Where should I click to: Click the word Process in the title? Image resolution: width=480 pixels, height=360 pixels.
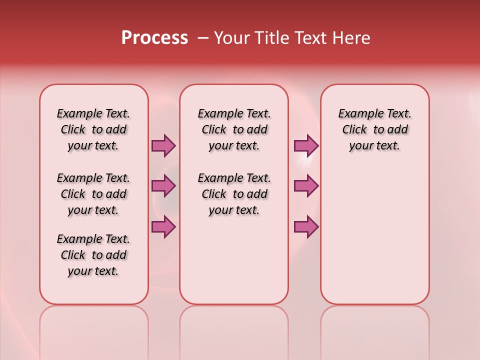pyautogui.click(x=154, y=38)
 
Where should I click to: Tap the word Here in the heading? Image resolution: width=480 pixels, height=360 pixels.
pyautogui.click(x=351, y=38)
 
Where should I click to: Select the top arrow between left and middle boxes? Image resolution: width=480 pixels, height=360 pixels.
pyautogui.click(x=163, y=145)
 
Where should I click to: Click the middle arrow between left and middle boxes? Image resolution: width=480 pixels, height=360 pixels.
pyautogui.click(x=163, y=186)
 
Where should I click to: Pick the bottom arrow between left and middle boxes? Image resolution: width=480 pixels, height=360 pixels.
pyautogui.click(x=163, y=227)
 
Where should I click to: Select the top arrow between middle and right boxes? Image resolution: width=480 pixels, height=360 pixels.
pyautogui.click(x=306, y=145)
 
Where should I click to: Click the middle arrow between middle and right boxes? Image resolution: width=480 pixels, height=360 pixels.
pyautogui.click(x=306, y=186)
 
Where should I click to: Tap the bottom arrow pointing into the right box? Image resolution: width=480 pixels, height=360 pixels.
pyautogui.click(x=306, y=227)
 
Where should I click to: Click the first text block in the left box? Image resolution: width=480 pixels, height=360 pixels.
pyautogui.click(x=93, y=129)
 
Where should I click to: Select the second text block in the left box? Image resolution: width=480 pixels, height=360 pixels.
pyautogui.click(x=93, y=194)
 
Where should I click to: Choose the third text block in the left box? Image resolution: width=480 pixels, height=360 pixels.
pyautogui.click(x=93, y=255)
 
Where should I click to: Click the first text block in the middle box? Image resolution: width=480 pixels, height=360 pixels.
pyautogui.click(x=234, y=129)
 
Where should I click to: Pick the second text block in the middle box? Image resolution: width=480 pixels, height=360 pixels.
pyautogui.click(x=234, y=194)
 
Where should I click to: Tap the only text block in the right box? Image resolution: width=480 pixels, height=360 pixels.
pyautogui.click(x=375, y=129)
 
